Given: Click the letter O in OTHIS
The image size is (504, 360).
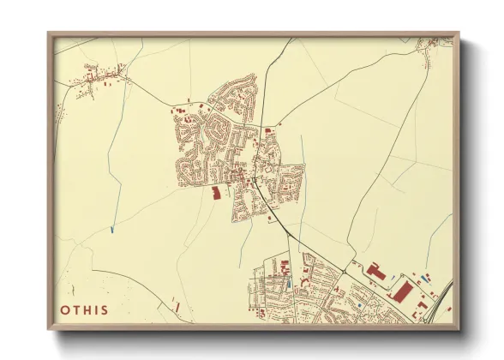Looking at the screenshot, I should pyautogui.click(x=66, y=310).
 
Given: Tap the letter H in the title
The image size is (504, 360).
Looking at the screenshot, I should pyautogui.click(x=89, y=310).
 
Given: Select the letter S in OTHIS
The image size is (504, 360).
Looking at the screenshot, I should pyautogui.click(x=105, y=310).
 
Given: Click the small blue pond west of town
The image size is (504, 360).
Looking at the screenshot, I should pyautogui.click(x=112, y=229).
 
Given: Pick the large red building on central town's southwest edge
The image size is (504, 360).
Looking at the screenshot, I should pyautogui.click(x=215, y=193).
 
